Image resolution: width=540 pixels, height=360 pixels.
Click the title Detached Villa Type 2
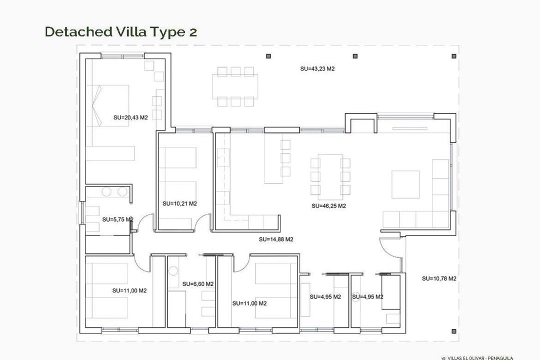pyautogui.click(x=120, y=31)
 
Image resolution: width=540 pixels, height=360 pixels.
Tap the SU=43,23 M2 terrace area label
pyautogui.click(x=317, y=69)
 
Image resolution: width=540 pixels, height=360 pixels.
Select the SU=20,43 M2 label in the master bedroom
pyautogui.click(x=130, y=118)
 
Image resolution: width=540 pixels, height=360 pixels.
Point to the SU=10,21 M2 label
pyautogui.click(x=179, y=203)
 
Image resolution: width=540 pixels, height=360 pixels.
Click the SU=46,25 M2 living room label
pyautogui.click(x=328, y=205)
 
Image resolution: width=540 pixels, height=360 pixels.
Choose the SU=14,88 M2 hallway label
pyautogui.click(x=276, y=239)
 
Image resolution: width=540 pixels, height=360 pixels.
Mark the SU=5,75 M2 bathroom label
pyautogui.click(x=117, y=219)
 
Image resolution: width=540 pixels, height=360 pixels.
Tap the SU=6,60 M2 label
pyautogui.click(x=198, y=284)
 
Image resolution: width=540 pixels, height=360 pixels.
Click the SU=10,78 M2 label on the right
pyautogui.click(x=439, y=278)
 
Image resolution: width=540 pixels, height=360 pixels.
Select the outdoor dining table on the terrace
pyautogui.click(x=235, y=86)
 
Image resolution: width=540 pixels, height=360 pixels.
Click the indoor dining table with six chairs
pyautogui.click(x=330, y=175)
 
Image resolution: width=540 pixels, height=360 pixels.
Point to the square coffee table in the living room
pyautogui.click(x=405, y=184)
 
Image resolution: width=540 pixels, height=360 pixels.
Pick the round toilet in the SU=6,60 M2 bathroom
pyautogui.click(x=173, y=271)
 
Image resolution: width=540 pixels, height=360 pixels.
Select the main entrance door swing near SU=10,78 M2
pyautogui.click(x=389, y=247)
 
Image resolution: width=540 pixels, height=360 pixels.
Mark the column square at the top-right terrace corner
pyautogui.click(x=454, y=56)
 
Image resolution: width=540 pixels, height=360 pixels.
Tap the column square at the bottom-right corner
pyautogui.click(x=453, y=330)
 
